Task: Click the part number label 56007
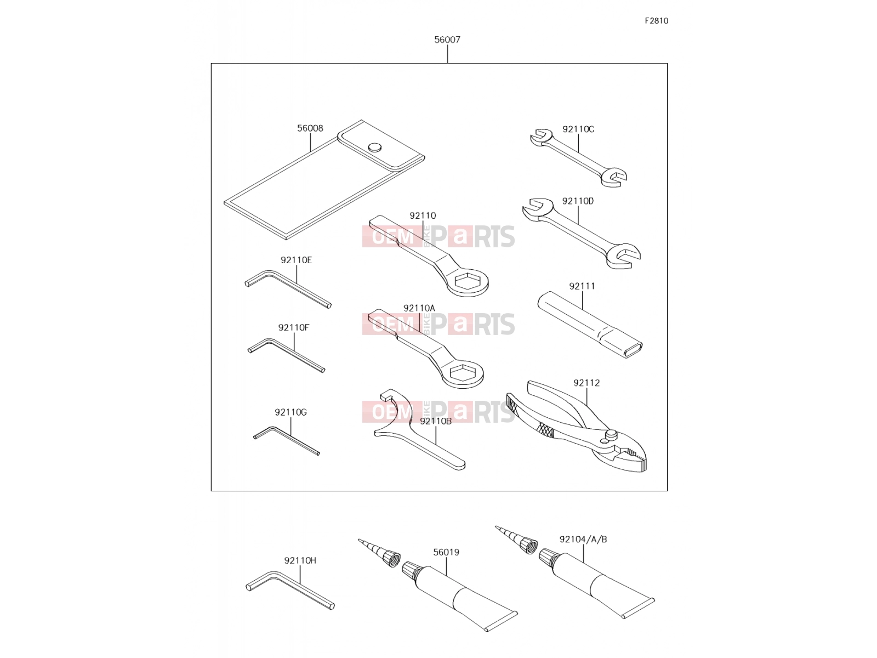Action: pos(447,39)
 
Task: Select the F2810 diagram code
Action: pos(656,21)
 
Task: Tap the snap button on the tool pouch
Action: pos(374,148)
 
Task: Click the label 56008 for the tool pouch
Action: pos(310,128)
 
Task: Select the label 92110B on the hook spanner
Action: pos(436,421)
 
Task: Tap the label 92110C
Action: pos(578,129)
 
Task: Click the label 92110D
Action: pos(578,201)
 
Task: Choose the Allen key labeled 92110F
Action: pos(286,355)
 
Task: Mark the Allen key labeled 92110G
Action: pos(286,440)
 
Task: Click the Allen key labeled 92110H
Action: pos(289,589)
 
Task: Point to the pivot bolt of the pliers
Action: pos(610,434)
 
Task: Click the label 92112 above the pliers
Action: pos(586,383)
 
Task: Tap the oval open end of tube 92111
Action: pos(631,350)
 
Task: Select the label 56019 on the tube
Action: pos(446,552)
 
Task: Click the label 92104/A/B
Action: pos(583,540)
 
